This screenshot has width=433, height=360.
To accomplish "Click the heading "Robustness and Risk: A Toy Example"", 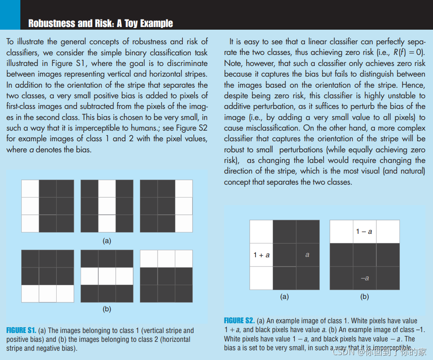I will click(101, 23).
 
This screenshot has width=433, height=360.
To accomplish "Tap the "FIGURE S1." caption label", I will click(21, 330).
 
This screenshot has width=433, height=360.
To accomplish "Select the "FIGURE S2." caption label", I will click(239, 321).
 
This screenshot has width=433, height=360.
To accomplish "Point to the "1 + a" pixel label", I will click(261, 255).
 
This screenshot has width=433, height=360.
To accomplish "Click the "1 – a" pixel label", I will click(364, 232).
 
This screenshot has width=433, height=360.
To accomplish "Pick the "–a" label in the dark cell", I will click(365, 278).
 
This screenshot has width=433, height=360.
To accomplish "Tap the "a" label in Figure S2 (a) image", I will click(307, 255).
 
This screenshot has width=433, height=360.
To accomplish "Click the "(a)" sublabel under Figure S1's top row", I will click(107, 241).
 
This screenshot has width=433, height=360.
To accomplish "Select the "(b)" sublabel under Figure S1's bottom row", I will click(107, 309).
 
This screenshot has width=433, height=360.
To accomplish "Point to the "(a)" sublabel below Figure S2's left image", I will click(284, 297).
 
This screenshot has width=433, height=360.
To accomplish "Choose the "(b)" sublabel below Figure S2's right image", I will click(364, 297).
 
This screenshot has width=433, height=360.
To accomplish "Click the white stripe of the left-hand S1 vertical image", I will click(30, 206).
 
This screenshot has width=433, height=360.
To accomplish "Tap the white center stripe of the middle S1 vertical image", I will click(107, 206).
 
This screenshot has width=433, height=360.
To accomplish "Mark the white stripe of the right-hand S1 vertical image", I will click(184, 206).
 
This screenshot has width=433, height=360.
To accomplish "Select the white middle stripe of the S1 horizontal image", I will click(107, 276).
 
